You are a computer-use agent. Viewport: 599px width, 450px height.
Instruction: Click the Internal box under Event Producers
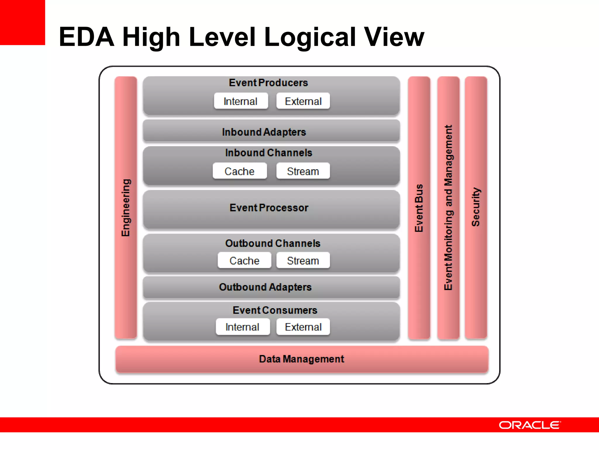[x=241, y=101]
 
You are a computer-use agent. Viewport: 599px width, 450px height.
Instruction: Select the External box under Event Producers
[x=303, y=101]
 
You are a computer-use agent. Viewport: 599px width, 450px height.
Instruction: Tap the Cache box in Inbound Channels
[x=240, y=171]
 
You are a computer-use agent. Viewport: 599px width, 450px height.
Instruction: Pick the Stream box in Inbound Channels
[x=303, y=171]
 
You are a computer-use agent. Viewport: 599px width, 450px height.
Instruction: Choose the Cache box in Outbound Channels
[x=244, y=260]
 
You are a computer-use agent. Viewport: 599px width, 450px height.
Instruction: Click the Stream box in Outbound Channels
[x=303, y=260]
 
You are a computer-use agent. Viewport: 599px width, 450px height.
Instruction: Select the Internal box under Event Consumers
[x=242, y=327]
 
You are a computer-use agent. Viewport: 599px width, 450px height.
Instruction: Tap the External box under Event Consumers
[x=303, y=327]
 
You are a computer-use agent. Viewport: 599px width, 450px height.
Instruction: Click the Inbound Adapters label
[x=264, y=132]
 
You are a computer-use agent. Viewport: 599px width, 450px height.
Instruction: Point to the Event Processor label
[x=269, y=208]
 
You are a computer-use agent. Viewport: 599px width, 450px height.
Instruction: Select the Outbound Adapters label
[x=265, y=287]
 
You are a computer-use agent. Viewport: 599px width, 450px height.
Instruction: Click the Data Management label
[x=302, y=359]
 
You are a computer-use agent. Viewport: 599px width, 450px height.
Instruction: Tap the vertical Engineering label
[x=126, y=208]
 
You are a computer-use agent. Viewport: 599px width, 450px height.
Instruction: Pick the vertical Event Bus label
[x=419, y=208]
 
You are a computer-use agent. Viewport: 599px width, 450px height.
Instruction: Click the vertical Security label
[x=476, y=207]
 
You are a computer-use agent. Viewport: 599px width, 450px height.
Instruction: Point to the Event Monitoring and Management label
[x=448, y=208]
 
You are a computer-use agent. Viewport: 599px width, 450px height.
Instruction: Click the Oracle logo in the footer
[x=530, y=425]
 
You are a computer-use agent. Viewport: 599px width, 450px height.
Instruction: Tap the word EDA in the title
[x=87, y=37]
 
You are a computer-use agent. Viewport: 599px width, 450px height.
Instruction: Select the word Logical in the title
[x=310, y=37]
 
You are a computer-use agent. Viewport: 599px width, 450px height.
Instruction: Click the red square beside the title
[x=22, y=22]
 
